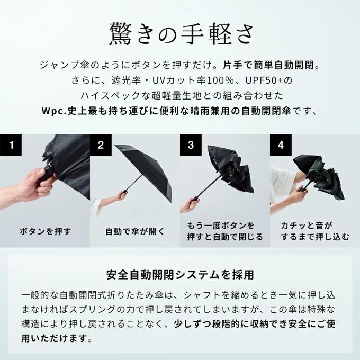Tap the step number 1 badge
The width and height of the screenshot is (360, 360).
pos(11,145)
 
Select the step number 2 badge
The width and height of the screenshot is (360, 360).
pos(101,145)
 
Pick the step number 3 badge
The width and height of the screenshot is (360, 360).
pos(191,145)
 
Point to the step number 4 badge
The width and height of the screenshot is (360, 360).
pos(281,145)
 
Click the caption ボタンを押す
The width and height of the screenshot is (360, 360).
pos(45,231)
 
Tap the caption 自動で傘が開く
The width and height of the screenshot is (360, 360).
pos(135,231)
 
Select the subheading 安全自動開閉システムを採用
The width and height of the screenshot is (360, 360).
pos(180,275)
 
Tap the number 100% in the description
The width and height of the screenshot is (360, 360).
pos(221,80)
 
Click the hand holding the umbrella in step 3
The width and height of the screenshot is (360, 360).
pos(190,204)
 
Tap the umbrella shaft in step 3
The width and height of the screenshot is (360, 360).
pos(209,187)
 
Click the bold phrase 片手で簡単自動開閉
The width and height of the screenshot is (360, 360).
pos(268,66)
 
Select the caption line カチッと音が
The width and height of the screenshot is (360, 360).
pos(307,226)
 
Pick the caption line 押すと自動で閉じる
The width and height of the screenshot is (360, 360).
pos(225,237)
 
